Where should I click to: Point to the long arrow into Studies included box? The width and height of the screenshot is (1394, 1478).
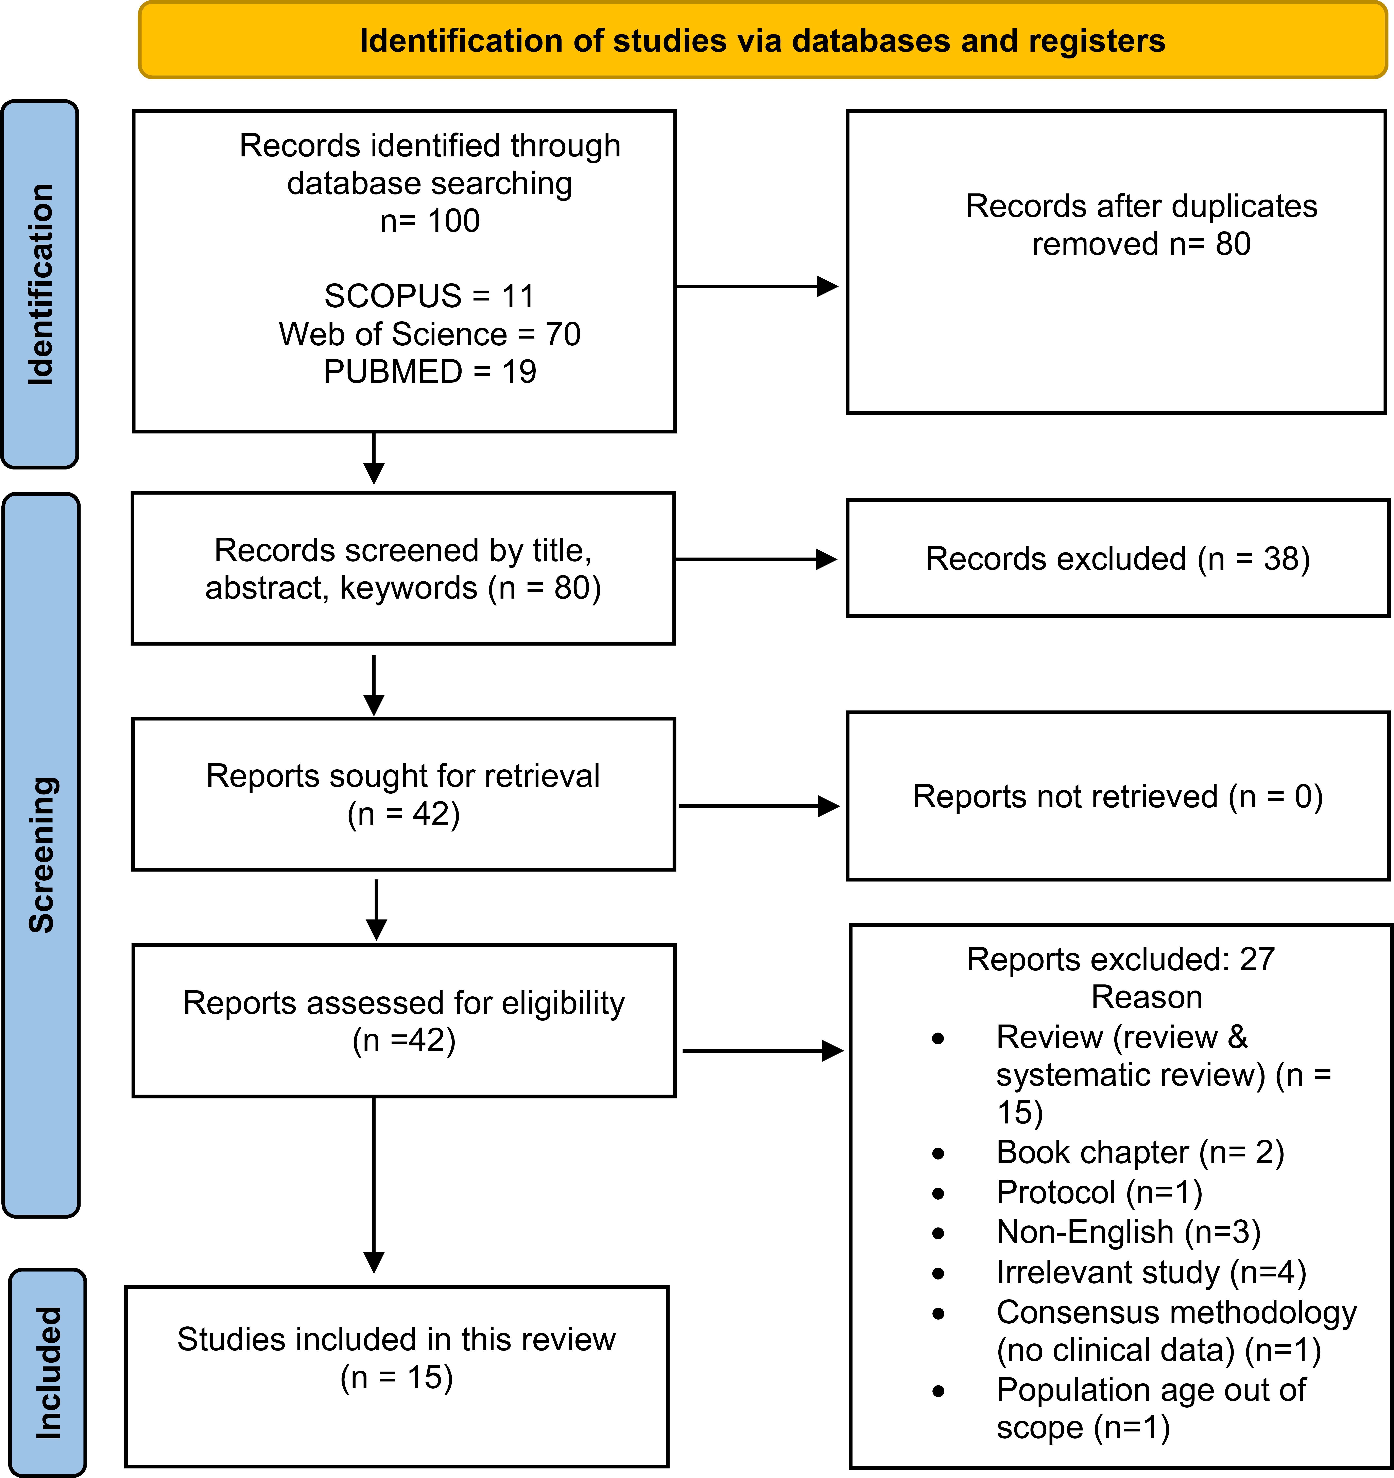coord(374,1185)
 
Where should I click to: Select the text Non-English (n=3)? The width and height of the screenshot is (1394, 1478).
coord(1129,1233)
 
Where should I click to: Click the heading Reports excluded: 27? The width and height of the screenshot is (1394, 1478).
coord(1120,959)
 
